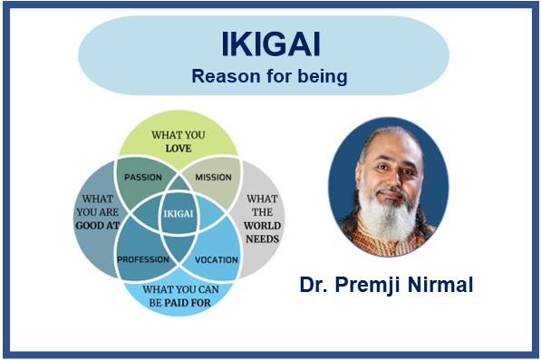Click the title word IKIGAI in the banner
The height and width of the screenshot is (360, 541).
click(x=269, y=44)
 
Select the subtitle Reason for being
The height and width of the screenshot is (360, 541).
click(x=269, y=76)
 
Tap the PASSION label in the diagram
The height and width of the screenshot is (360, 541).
click(x=142, y=176)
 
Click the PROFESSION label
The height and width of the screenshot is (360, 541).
click(x=143, y=259)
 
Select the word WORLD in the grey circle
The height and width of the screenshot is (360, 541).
click(x=263, y=226)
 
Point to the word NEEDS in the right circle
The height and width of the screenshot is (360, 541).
click(x=263, y=240)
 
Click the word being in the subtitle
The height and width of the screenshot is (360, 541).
click(x=324, y=76)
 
